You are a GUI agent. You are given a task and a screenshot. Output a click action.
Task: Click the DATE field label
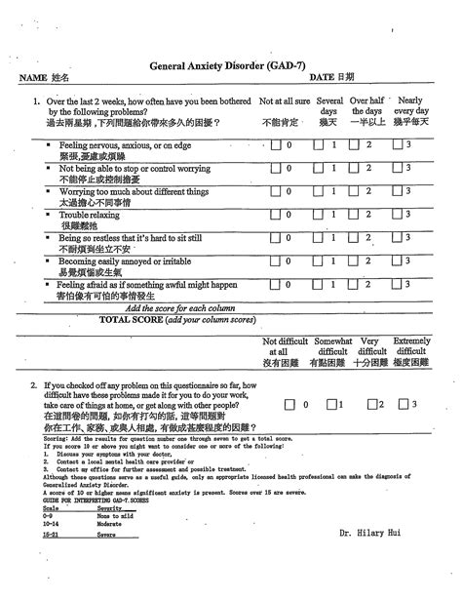click(x=331, y=76)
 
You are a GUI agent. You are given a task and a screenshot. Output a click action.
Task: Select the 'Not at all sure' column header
click(x=285, y=100)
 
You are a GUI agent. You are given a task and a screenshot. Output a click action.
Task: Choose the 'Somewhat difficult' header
click(x=332, y=351)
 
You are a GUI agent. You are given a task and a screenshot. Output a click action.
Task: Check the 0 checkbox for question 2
click(x=291, y=404)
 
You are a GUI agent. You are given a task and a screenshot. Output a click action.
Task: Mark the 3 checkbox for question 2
click(x=403, y=404)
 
